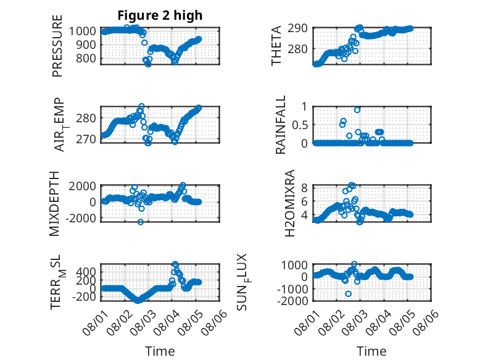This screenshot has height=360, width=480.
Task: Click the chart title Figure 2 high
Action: (x=160, y=15)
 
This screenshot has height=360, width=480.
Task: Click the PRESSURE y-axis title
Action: (x=57, y=46)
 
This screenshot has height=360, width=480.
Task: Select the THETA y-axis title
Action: (x=276, y=46)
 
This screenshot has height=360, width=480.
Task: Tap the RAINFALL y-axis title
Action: (x=280, y=125)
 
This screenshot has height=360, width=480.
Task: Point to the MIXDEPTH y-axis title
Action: (x=54, y=203)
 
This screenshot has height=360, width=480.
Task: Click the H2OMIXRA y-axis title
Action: (x=289, y=203)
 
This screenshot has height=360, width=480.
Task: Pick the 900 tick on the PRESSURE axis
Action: (x=86, y=44)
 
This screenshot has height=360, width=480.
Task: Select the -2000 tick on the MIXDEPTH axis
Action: (x=80, y=218)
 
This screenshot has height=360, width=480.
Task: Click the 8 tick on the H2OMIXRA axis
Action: (x=304, y=188)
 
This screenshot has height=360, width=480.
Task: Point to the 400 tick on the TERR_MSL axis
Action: (x=86, y=272)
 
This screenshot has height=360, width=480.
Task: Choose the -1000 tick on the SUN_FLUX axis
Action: (x=292, y=288)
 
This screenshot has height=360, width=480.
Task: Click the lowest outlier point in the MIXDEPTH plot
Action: (x=141, y=222)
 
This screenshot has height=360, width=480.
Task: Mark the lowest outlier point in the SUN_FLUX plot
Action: (x=348, y=294)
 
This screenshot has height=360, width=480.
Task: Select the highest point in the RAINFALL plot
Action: (x=357, y=110)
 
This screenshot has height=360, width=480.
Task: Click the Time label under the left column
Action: (x=160, y=351)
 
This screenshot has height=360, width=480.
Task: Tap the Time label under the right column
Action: (x=371, y=351)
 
